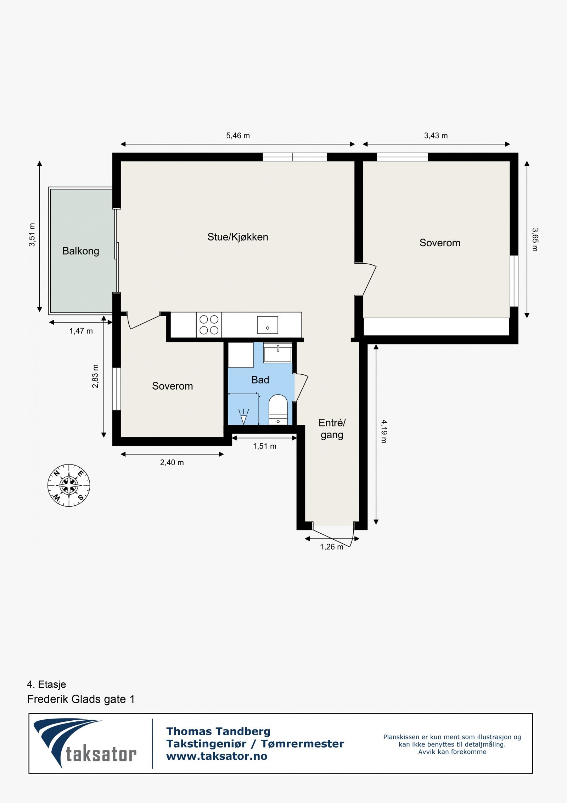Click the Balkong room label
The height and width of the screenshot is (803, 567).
[x=80, y=251]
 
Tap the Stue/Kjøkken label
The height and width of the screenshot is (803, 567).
[x=237, y=237]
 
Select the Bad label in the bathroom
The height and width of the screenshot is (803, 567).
[x=260, y=380]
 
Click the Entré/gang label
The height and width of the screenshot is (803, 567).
[x=332, y=429]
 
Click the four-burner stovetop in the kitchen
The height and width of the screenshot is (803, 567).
[x=209, y=325]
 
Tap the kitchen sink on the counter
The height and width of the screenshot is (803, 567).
[x=267, y=325]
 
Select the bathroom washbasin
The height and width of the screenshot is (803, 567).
[x=278, y=353]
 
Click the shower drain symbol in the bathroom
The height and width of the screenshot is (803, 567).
[x=243, y=417]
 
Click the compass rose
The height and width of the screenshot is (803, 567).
[x=69, y=485]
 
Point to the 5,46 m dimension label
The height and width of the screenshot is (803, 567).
[x=238, y=136]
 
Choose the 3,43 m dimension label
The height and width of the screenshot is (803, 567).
[x=436, y=136]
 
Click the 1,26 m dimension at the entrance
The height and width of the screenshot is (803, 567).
[x=331, y=547]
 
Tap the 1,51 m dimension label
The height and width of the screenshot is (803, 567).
[x=264, y=446]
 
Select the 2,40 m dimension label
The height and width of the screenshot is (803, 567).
[x=172, y=462]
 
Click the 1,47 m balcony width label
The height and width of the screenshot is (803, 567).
[x=81, y=331]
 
